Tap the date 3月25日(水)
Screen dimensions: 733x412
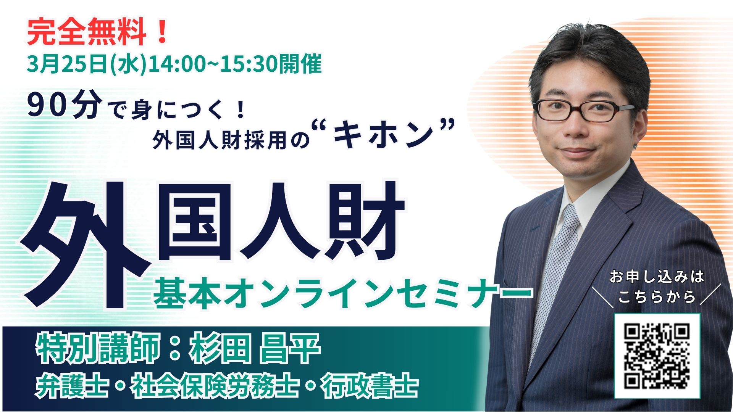(x=87, y=64)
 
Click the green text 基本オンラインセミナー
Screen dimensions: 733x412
(x=343, y=294)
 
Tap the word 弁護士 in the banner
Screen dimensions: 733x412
(x=71, y=387)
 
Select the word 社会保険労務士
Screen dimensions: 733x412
(x=214, y=387)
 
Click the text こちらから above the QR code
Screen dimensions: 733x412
(x=657, y=297)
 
